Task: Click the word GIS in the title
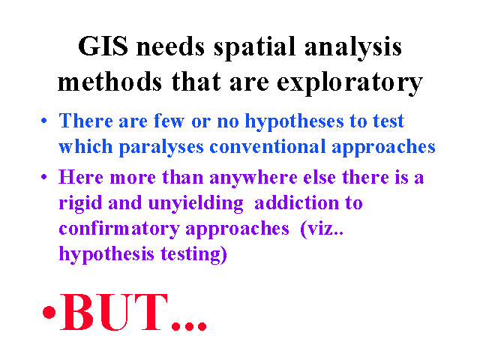coord(103,46)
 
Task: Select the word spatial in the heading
coord(254,49)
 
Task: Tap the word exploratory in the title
coord(349,83)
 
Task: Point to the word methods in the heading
coord(109,82)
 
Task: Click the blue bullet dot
coord(44,121)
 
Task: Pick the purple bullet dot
coord(44,177)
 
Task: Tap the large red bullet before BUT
coord(49,312)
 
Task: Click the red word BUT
coord(114,312)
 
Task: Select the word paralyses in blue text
coord(161,148)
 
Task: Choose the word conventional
coord(268,146)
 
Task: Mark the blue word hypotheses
coord(295,122)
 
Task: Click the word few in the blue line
coord(169,121)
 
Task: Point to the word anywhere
coord(253,178)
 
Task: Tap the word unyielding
coord(196,204)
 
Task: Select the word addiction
coord(297,202)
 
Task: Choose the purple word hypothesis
coord(106,255)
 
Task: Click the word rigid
coord(80,204)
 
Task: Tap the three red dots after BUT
coord(189,325)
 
